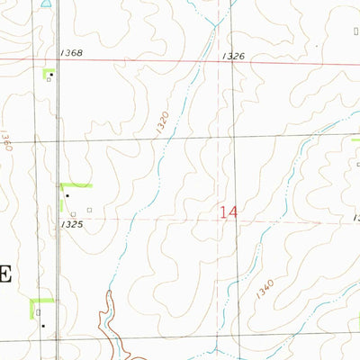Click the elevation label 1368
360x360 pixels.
(73, 53)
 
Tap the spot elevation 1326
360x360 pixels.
(233, 56)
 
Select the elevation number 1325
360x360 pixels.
(73, 223)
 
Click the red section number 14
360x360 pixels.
(229, 212)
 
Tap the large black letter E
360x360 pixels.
(4, 274)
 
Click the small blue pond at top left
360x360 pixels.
(45, 3)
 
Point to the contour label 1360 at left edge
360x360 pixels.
(4, 141)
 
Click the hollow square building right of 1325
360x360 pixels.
(90, 211)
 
